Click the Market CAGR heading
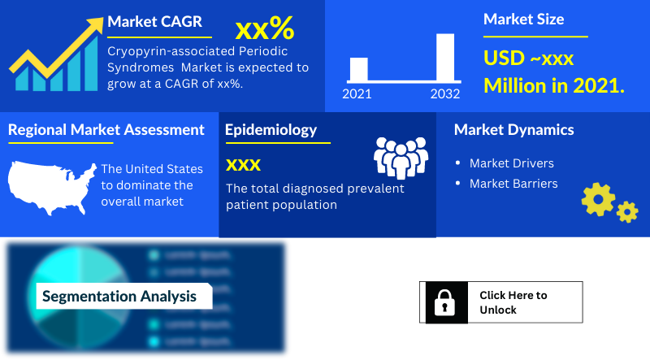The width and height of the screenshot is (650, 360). [154, 22]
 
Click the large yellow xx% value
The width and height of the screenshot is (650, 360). [264, 29]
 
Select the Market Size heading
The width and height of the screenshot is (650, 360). [523, 19]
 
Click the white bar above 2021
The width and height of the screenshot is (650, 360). [357, 69]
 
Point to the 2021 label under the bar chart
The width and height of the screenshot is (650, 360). [357, 94]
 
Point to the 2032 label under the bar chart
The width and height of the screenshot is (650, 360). [445, 94]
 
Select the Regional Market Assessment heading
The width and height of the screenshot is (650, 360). [106, 129]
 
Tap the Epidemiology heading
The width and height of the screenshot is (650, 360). [271, 130]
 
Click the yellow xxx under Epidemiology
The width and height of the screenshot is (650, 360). [243, 165]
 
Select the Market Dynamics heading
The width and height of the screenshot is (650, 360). [513, 130]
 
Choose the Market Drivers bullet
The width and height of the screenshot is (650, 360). [511, 163]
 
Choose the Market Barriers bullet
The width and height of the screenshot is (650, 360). [513, 184]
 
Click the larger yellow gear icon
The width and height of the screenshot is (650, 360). [599, 199]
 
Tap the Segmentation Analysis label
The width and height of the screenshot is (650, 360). [119, 297]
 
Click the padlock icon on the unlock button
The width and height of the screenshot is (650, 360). [444, 302]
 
